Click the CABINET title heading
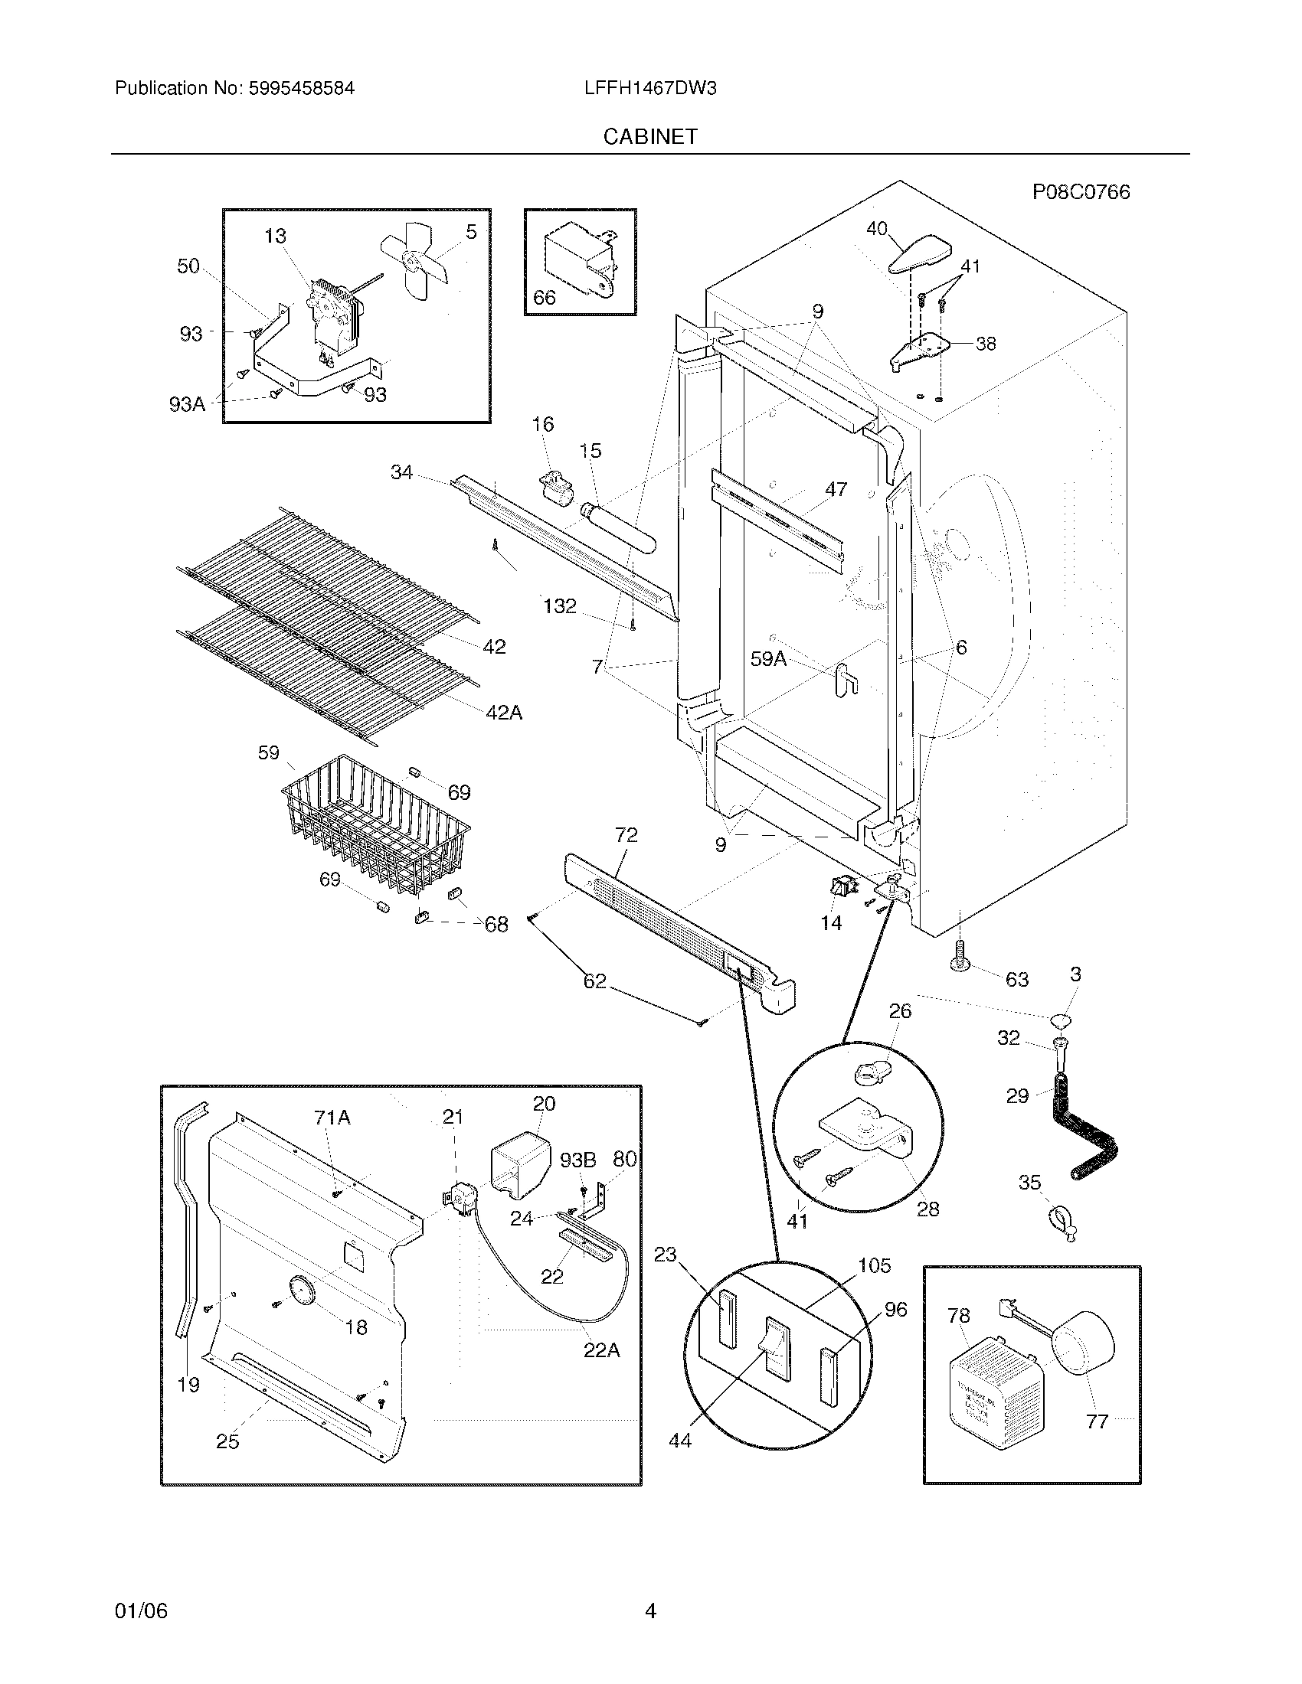pos(650,136)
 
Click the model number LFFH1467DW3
pos(650,89)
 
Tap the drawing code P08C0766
pos(1081,192)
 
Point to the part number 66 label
pos(544,298)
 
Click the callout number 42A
pos(504,713)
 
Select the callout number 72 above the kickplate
pos(626,835)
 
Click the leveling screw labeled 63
pos(961,956)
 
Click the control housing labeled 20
pos(521,1165)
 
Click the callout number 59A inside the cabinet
pos(768,658)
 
